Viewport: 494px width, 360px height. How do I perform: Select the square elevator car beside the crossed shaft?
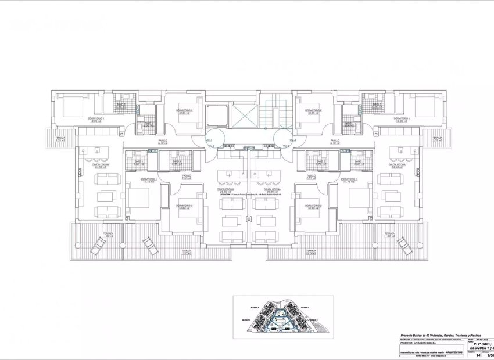coord(217,116)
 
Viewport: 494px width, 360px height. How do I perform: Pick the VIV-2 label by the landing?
coord(212,146)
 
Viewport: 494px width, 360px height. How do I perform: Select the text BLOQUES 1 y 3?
coord(482,348)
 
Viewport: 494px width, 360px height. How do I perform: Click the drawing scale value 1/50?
coord(489,355)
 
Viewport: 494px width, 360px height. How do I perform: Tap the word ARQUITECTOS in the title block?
coord(454,352)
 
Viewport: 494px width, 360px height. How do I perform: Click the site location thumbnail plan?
coord(283,317)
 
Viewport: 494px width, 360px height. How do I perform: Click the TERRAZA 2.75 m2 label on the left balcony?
coord(60,139)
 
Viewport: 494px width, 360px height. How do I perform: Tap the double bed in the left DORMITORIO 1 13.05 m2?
coord(69,106)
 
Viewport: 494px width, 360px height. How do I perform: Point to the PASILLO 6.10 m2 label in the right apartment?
coord(335,142)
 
